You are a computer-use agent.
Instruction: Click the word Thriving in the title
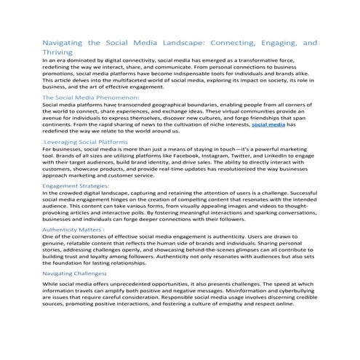point(60,52)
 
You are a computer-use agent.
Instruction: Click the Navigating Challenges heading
point(77,272)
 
